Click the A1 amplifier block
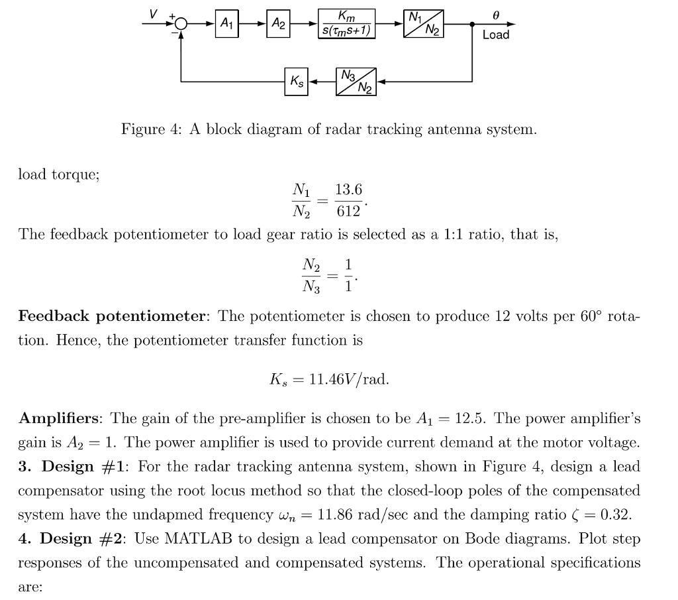pyautogui.click(x=226, y=24)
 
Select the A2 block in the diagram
pyautogui.click(x=279, y=24)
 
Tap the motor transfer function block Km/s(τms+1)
pyautogui.click(x=346, y=24)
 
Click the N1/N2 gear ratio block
pyautogui.click(x=424, y=24)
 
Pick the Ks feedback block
pyautogui.click(x=296, y=82)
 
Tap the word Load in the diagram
pyautogui.click(x=496, y=34)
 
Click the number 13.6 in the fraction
pyautogui.click(x=348, y=190)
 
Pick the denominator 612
pyautogui.click(x=348, y=211)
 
